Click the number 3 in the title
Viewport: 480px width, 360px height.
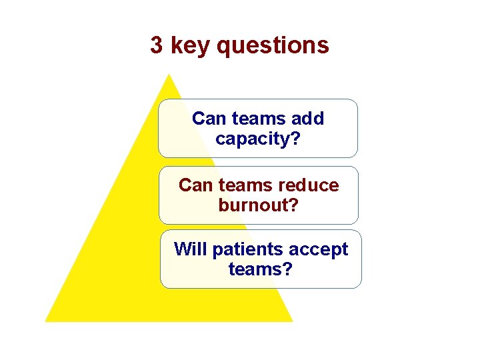(156, 45)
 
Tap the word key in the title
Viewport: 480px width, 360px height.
(189, 46)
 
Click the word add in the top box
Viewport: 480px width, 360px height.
(307, 119)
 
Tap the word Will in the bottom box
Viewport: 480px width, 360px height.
(189, 249)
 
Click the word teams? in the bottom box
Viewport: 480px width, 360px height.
(260, 269)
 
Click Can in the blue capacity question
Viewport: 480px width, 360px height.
(208, 119)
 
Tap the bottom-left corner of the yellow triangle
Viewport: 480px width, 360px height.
(46, 321)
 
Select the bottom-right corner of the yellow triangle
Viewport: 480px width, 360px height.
(292, 321)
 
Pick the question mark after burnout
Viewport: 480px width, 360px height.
(293, 205)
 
